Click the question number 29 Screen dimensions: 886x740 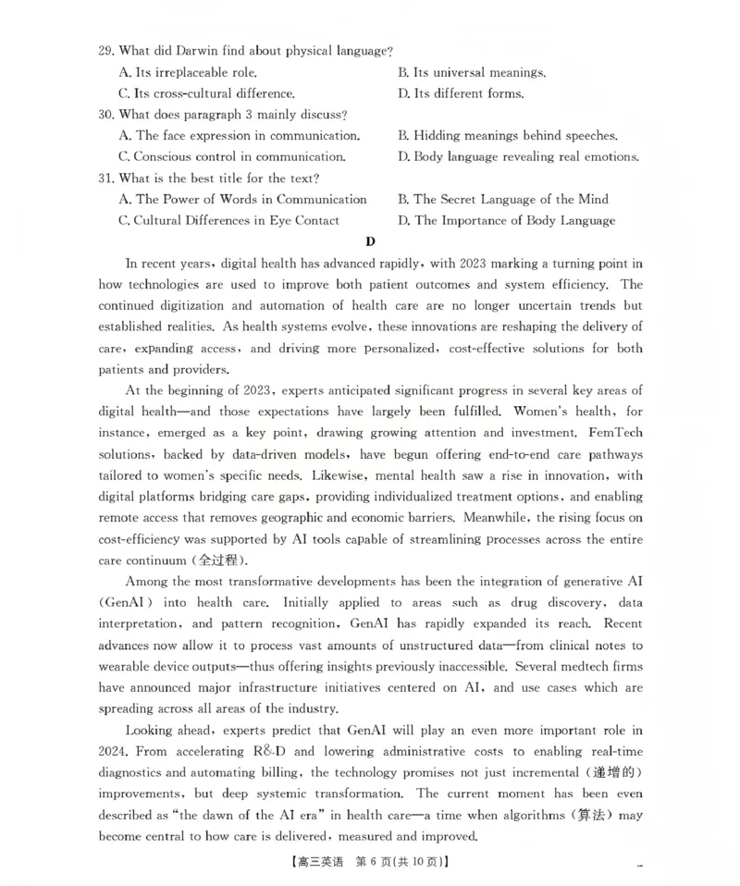tap(105, 51)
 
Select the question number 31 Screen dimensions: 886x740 tap(105, 178)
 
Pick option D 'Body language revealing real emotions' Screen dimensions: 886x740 tap(518, 157)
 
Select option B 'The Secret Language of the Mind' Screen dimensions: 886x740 tap(503, 200)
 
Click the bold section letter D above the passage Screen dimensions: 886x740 tap(370, 242)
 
